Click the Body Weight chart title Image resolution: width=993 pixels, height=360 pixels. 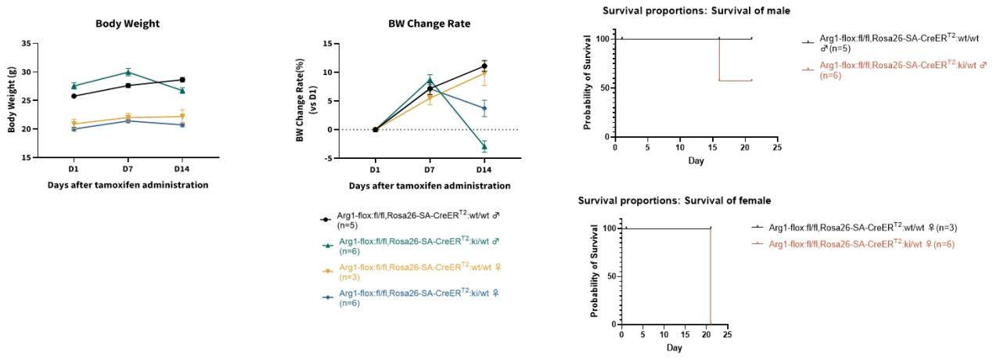coord(128,23)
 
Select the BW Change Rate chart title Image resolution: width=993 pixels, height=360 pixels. coord(430,23)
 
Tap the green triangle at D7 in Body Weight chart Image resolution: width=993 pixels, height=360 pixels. coord(128,72)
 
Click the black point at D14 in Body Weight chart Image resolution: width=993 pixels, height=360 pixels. coord(182,80)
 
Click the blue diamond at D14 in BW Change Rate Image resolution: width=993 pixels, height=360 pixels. coord(484,109)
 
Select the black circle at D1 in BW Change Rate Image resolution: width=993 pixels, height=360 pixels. coord(375,129)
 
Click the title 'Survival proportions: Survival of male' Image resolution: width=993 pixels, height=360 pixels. coord(696,10)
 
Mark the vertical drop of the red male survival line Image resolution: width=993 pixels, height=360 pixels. coord(718,59)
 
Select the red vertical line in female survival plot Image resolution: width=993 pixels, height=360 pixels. coord(710,275)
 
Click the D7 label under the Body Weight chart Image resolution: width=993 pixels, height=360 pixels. coord(128,169)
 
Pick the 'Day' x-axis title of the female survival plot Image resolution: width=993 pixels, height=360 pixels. coord(673,347)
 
